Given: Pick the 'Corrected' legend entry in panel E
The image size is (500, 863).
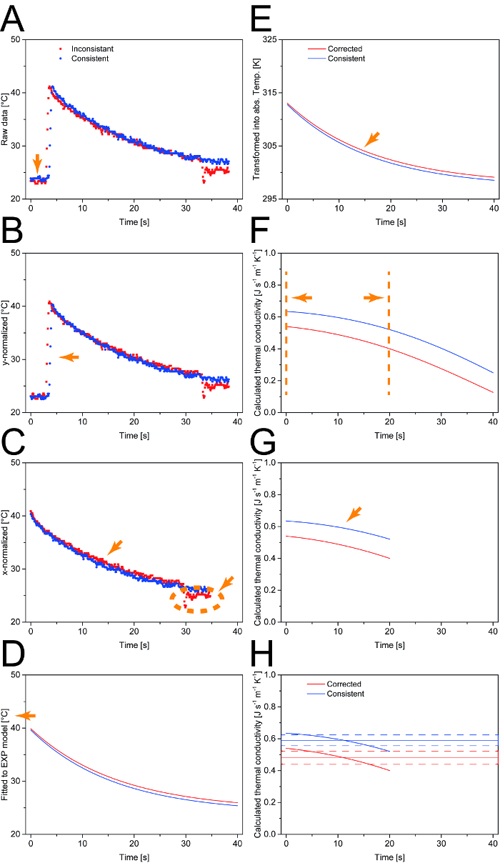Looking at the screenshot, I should coord(345,49).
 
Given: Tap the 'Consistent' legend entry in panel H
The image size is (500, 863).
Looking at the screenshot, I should coord(345,694).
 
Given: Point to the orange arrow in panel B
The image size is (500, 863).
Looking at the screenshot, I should coord(69,356).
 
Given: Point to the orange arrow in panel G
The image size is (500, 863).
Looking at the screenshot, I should coord(354,514).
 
